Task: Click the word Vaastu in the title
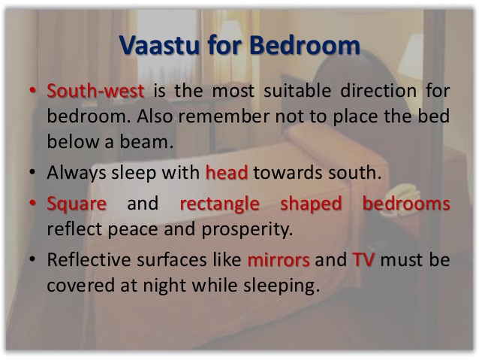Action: tap(159, 45)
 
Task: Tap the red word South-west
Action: tap(95, 90)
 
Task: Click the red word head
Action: tap(227, 172)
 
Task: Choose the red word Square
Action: tap(77, 204)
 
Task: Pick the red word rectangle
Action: tap(220, 204)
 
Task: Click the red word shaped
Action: tap(311, 204)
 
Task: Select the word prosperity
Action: tap(248, 229)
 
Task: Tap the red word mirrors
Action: tap(279, 260)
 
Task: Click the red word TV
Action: tap(363, 259)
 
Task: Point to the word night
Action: tap(164, 286)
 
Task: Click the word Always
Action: tap(77, 173)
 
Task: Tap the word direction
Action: tap(378, 90)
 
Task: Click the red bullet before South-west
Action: tap(32, 90)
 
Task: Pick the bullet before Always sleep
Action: tap(32, 172)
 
